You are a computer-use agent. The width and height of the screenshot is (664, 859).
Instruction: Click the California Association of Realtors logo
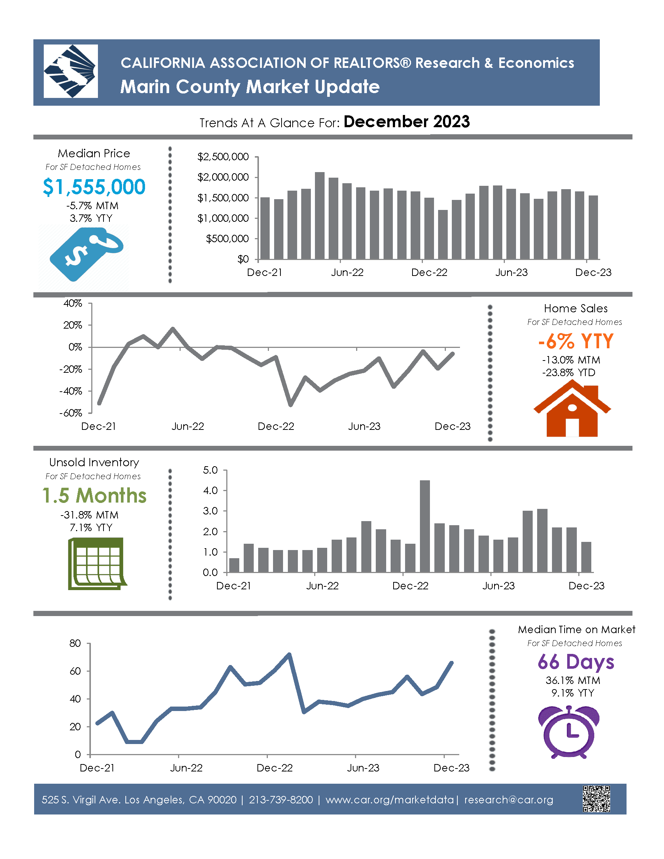(70, 71)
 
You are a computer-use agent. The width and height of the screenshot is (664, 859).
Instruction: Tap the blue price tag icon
(86, 254)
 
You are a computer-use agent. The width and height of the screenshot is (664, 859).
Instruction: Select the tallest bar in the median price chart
(320, 215)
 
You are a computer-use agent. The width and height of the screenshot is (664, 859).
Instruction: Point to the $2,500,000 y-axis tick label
(223, 157)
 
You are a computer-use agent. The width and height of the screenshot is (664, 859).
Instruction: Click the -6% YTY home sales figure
(575, 341)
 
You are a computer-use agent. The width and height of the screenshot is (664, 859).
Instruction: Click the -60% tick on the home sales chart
(71, 413)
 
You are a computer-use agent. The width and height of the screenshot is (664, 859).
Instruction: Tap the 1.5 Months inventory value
(95, 496)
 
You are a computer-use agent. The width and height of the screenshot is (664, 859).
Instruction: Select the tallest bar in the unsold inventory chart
(425, 526)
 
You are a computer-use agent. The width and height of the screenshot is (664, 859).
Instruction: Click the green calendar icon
(97, 564)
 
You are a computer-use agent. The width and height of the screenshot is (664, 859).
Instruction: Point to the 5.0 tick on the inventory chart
(210, 470)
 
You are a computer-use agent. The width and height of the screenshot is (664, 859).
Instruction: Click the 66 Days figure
(575, 662)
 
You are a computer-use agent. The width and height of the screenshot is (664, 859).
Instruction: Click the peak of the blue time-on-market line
(289, 655)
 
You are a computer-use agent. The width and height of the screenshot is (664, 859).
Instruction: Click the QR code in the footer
(596, 799)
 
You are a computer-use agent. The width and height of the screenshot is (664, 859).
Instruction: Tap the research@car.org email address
(509, 800)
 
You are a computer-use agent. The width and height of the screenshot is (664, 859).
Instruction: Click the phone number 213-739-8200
(281, 800)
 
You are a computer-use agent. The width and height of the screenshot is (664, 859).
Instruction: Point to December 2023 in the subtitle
(406, 122)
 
